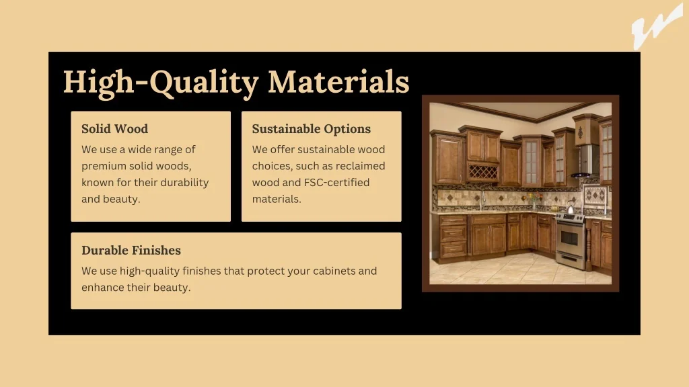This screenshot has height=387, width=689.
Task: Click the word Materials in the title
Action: coord(338,82)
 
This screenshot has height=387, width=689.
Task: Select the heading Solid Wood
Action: coord(114,128)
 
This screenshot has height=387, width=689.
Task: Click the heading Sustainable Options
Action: coord(311,129)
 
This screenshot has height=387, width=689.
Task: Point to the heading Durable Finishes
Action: coord(131,250)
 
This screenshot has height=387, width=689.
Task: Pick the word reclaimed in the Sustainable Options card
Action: coord(363,166)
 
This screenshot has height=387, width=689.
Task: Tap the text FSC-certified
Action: coord(336,183)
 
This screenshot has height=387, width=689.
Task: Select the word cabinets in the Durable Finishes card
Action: coord(334,271)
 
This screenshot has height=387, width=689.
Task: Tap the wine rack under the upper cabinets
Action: coord(482,172)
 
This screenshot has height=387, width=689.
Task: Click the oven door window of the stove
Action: coord(569,239)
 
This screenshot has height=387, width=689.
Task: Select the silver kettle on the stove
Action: coord(571,207)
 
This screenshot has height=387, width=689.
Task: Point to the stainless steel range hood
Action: coord(587,161)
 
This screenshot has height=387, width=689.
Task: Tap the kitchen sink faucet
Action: coord(482,200)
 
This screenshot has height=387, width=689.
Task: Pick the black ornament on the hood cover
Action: coord(580,132)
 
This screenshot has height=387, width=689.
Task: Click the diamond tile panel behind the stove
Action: coord(596,194)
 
